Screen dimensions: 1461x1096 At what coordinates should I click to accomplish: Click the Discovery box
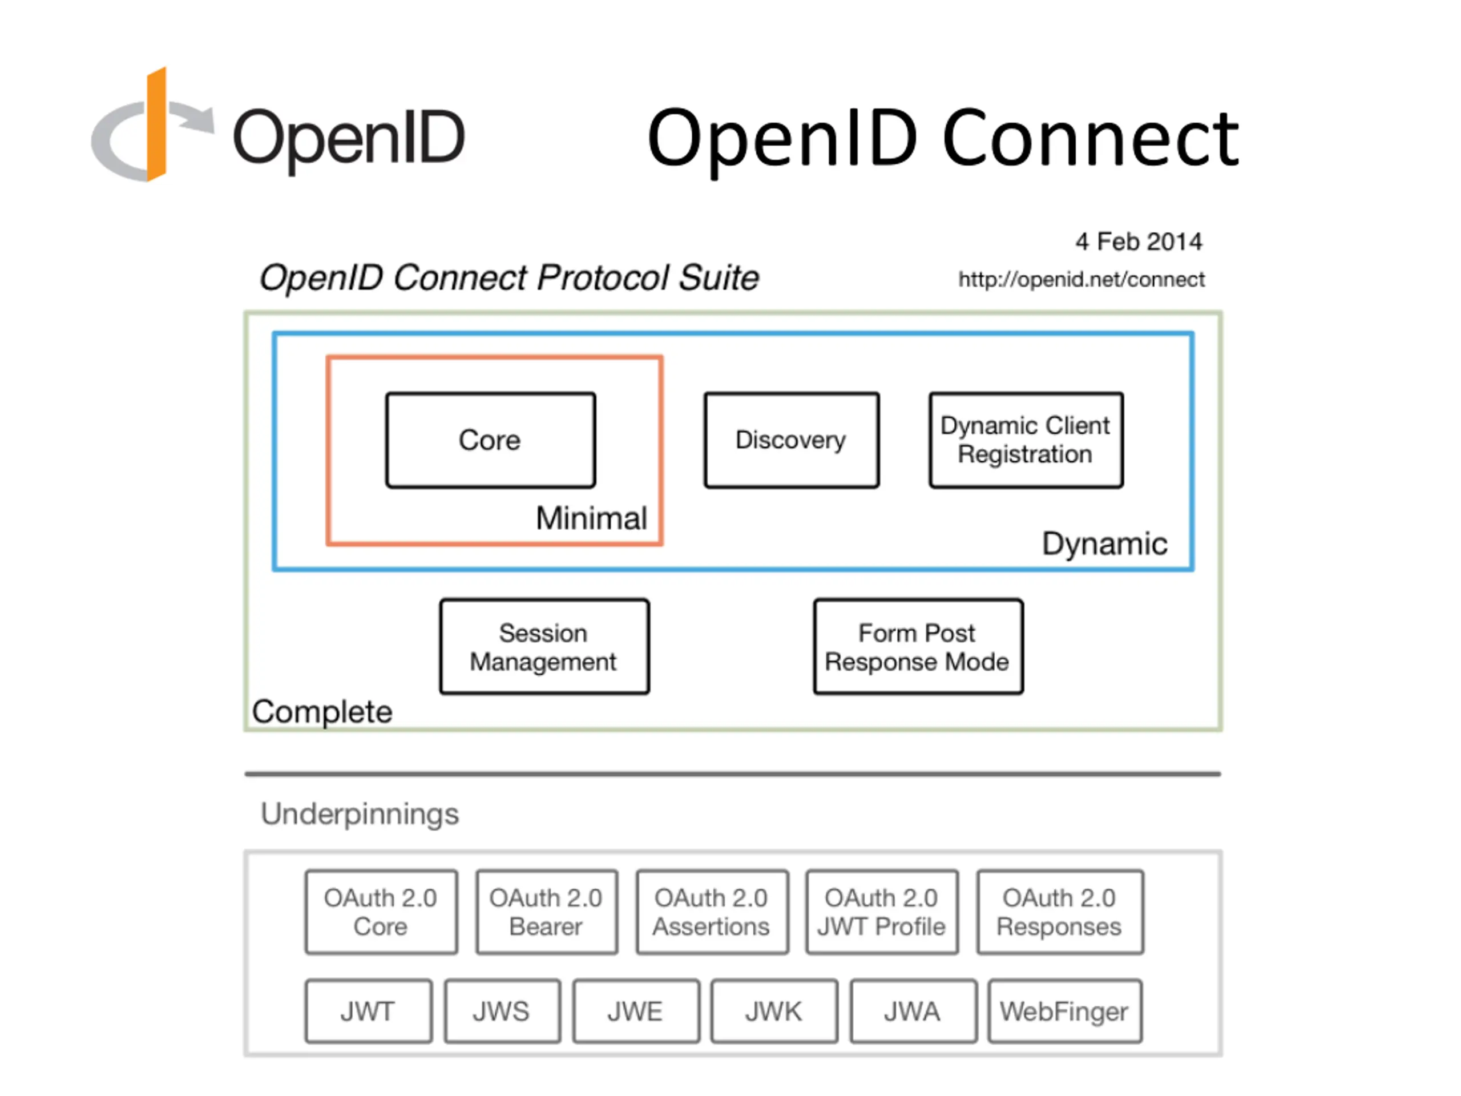(x=791, y=440)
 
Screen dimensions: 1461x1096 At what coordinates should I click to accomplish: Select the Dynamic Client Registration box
(x=1026, y=440)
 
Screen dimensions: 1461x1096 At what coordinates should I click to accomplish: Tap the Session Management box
(x=544, y=647)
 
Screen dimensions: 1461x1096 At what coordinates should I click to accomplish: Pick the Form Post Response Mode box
(x=918, y=647)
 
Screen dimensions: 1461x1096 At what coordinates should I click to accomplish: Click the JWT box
(x=369, y=1011)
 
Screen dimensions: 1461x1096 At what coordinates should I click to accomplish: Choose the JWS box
(x=502, y=1011)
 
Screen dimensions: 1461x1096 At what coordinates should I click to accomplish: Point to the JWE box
(x=636, y=1011)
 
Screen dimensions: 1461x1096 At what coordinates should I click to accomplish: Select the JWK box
(x=774, y=1011)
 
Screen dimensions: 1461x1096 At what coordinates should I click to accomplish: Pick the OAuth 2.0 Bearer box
(x=547, y=912)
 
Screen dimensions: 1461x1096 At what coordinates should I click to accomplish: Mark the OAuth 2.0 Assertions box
(x=712, y=912)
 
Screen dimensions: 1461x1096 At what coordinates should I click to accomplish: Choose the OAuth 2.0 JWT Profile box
(x=882, y=912)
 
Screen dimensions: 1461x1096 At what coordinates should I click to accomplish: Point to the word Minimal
(x=591, y=518)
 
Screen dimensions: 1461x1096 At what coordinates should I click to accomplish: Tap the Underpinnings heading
(x=360, y=814)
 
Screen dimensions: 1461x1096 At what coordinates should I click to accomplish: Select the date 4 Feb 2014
(x=1139, y=242)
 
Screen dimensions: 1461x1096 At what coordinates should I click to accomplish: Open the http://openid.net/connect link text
(x=1082, y=280)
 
